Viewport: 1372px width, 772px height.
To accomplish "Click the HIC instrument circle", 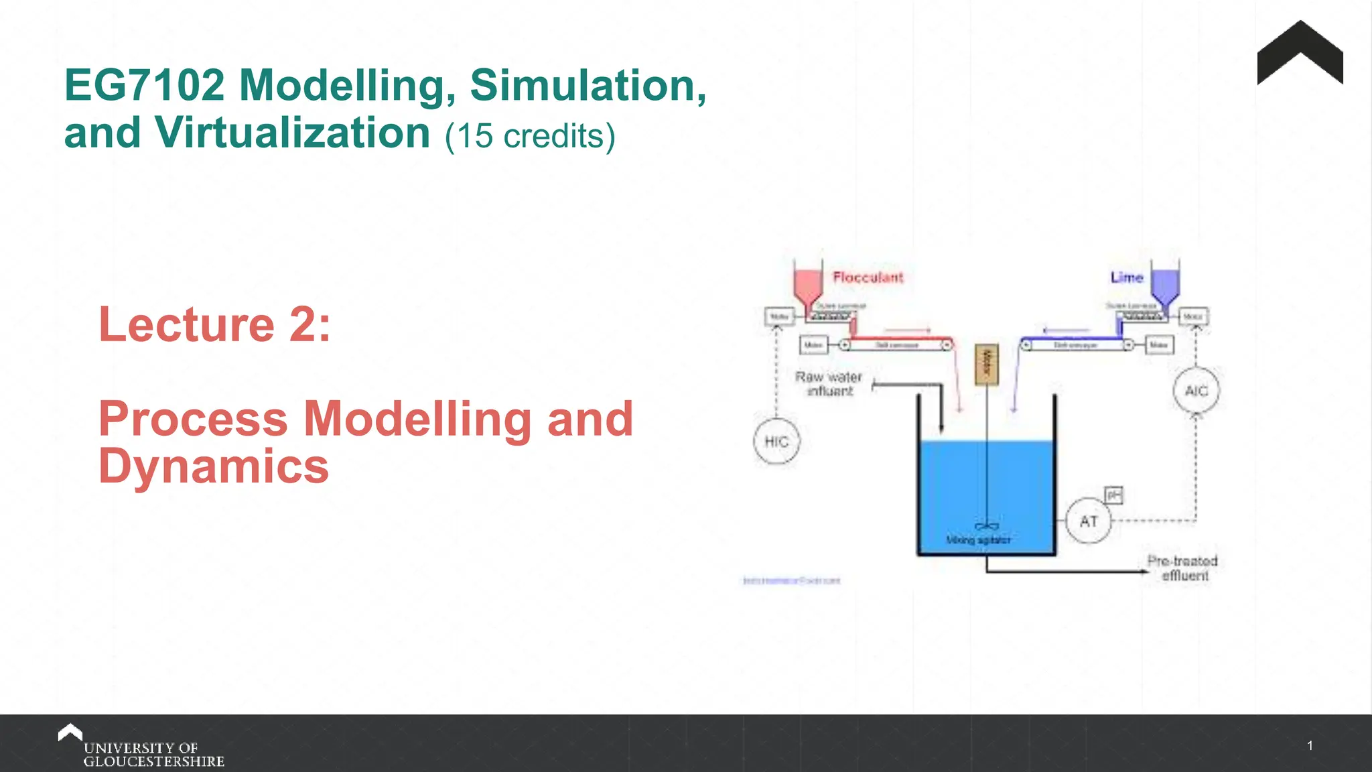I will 776,442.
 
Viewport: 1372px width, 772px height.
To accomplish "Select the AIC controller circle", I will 1196,391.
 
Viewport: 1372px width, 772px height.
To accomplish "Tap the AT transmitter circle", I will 1088,521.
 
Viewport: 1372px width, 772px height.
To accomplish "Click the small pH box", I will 1113,495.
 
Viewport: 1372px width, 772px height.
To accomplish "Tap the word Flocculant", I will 868,277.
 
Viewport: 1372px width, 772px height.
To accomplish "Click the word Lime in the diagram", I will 1127,277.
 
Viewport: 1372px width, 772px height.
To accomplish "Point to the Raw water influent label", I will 829,384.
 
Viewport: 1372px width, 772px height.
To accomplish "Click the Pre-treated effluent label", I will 1182,568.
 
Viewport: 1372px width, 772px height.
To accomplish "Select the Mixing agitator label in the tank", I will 978,540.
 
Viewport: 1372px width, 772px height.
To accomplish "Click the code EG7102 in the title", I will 145,85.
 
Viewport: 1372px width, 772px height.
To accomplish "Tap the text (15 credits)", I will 530,136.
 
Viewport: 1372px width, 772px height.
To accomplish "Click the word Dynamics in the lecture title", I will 214,466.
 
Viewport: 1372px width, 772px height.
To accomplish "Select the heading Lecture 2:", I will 214,324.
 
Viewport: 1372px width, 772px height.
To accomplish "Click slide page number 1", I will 1310,746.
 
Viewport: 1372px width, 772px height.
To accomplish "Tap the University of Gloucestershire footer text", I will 153,755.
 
